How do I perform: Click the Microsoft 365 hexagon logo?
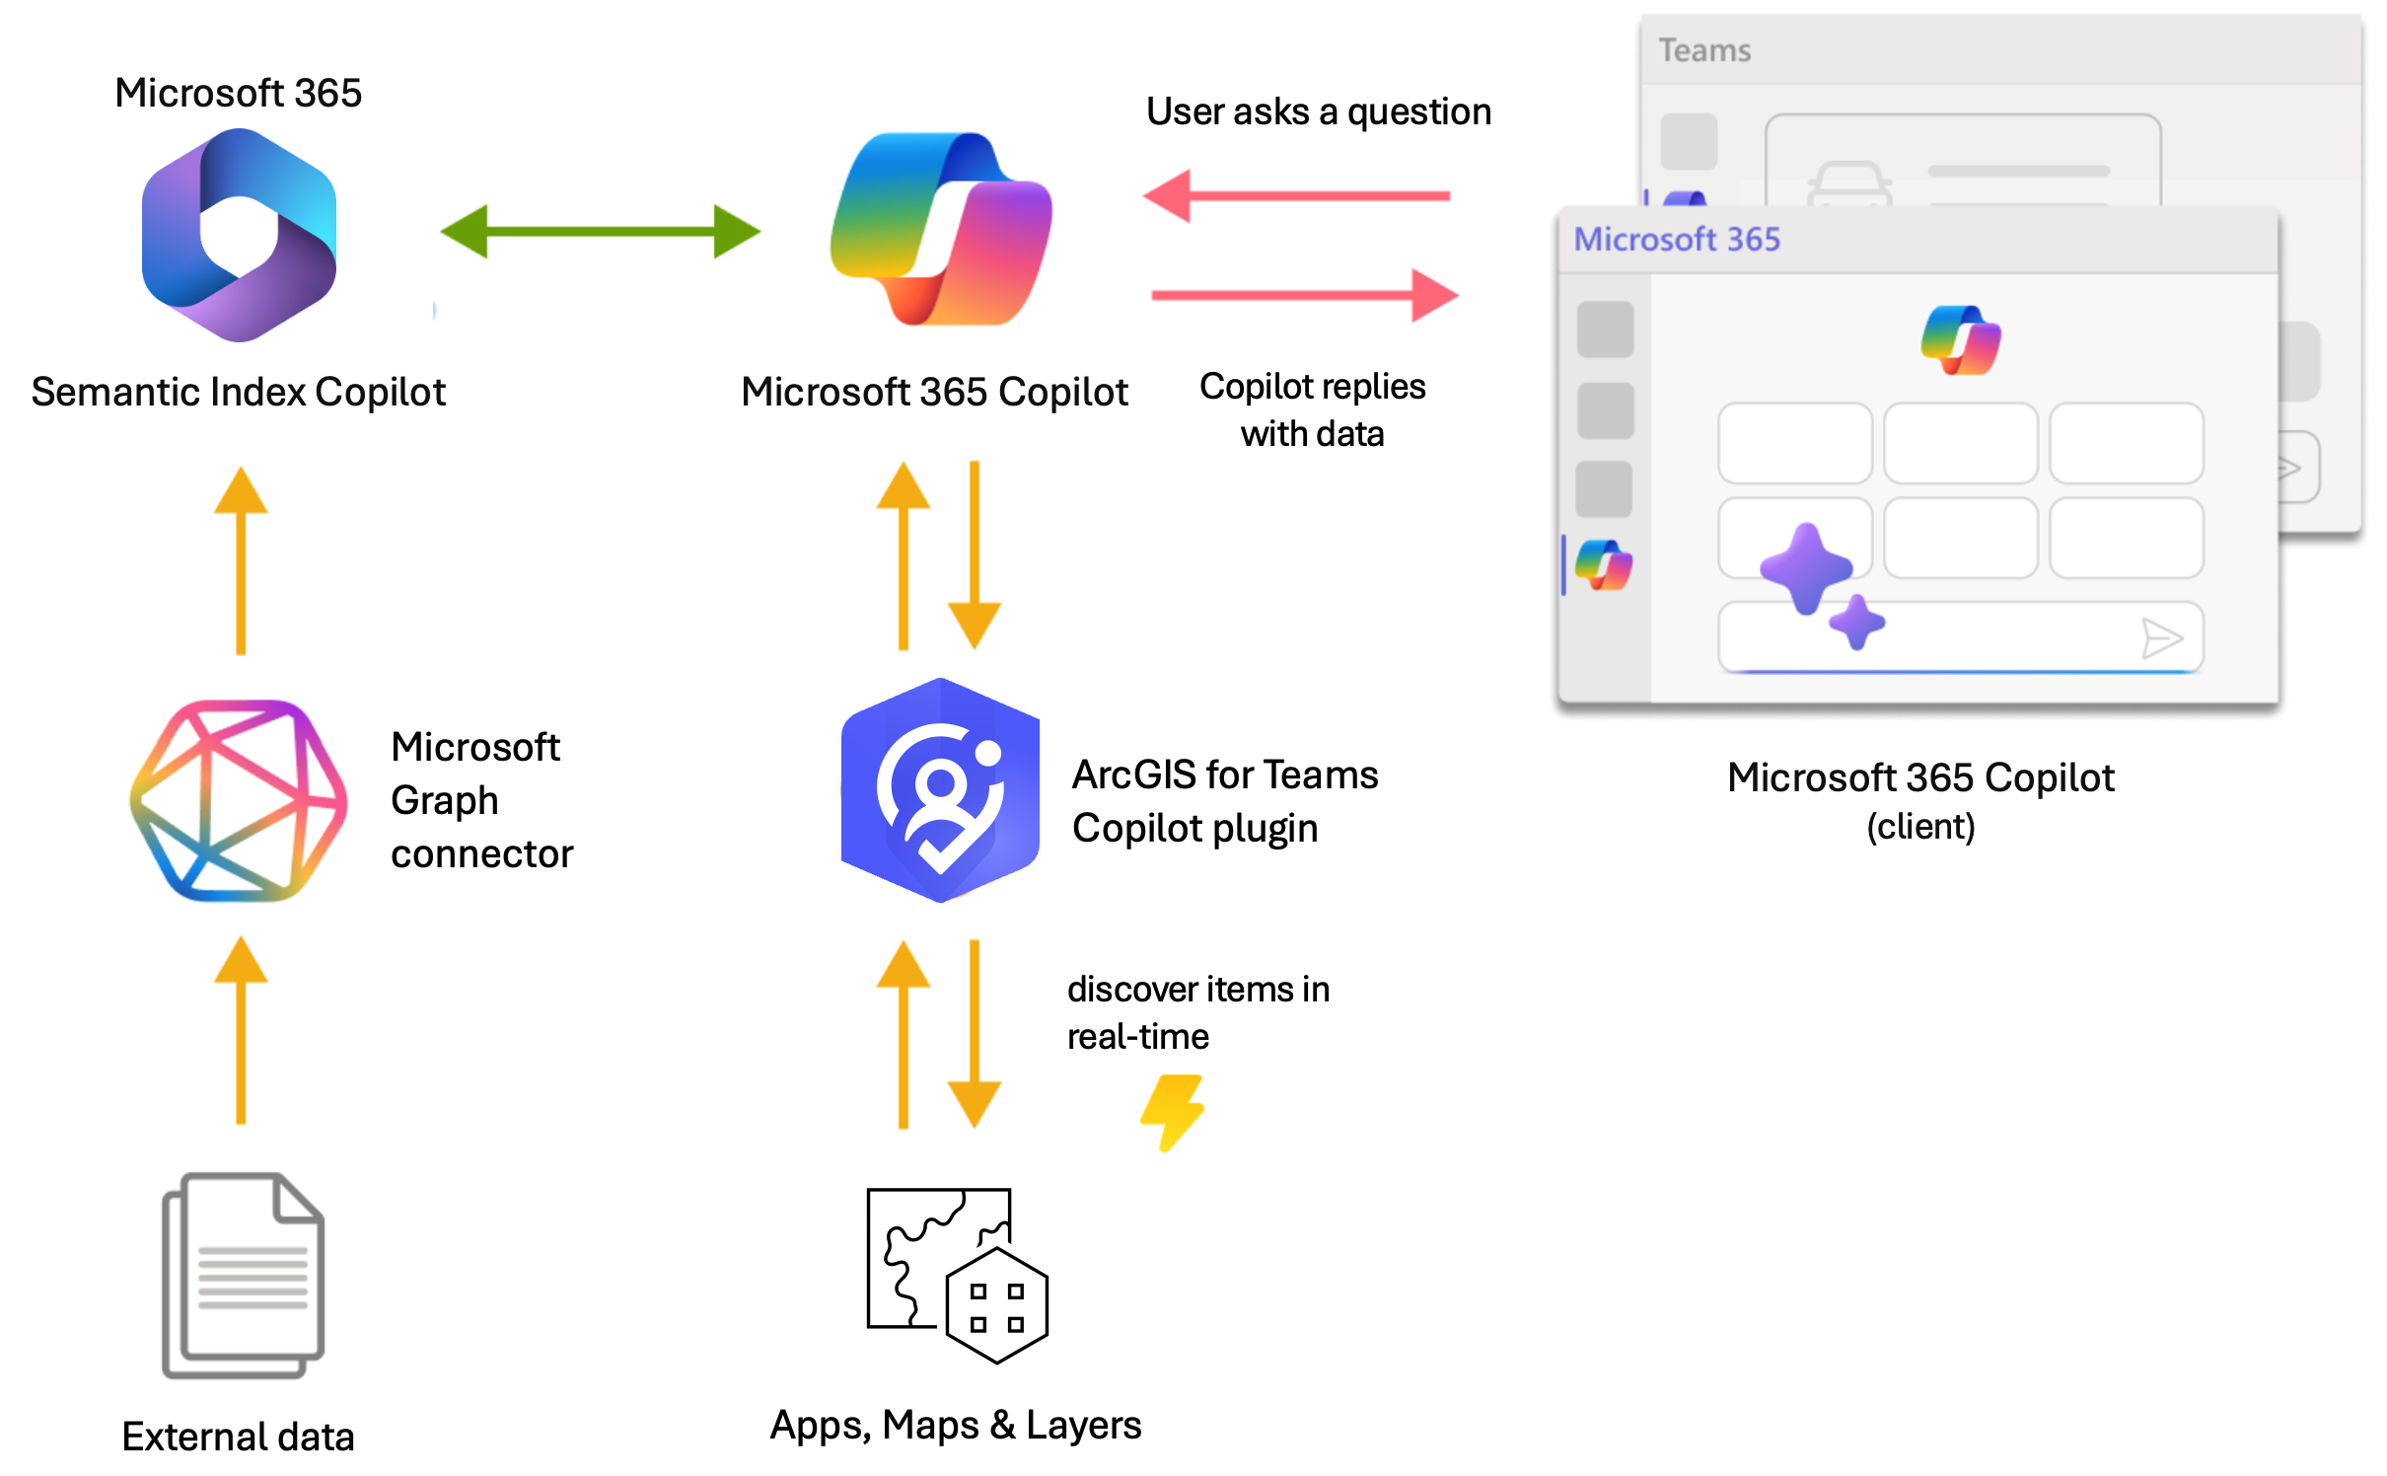point(239,235)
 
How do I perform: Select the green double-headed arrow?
point(600,232)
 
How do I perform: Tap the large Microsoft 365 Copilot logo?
point(941,229)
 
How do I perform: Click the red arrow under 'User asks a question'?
point(1296,195)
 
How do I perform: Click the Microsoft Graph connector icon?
point(239,800)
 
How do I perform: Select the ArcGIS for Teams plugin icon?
point(940,790)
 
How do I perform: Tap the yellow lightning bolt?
point(1173,1112)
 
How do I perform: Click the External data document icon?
point(244,1275)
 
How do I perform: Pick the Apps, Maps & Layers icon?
point(957,1276)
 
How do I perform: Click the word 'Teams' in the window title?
point(1704,50)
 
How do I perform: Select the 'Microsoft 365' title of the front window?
point(1677,239)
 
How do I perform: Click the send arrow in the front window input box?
point(2161,638)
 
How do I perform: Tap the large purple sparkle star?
point(1806,568)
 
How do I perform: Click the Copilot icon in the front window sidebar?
point(1604,565)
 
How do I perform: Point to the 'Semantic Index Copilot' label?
point(239,392)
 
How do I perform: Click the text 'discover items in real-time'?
point(1197,1012)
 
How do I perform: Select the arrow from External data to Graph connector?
point(241,1030)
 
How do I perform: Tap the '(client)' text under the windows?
point(1920,827)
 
